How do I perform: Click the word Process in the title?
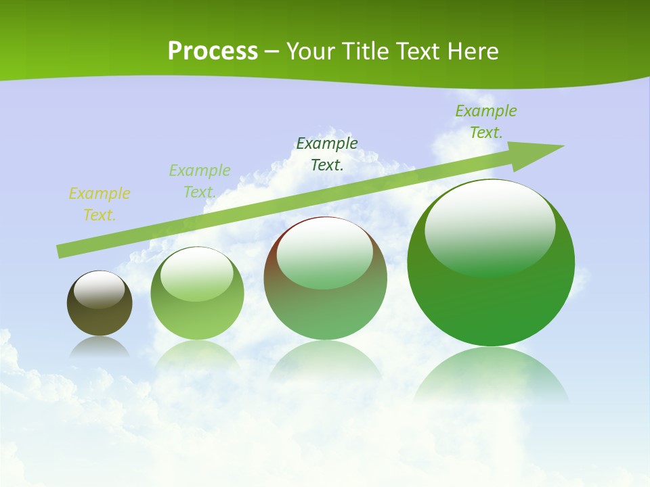point(213,51)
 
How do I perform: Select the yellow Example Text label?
point(100,204)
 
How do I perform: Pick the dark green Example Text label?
point(327,154)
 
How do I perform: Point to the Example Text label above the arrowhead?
point(486,122)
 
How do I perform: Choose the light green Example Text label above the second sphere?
point(200,181)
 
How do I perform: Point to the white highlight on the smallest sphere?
point(100,289)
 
